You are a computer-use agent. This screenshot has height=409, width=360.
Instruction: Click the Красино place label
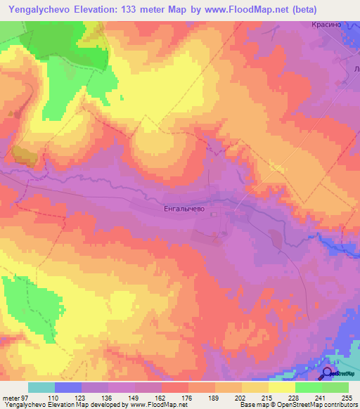coord(326,23)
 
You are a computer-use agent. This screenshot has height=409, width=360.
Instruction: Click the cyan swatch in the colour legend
coord(41,387)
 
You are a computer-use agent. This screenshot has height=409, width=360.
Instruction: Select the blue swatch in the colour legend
coord(68,387)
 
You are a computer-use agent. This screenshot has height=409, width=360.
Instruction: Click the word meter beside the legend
coord(10,398)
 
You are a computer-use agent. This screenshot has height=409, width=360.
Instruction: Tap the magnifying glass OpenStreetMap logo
coord(328,373)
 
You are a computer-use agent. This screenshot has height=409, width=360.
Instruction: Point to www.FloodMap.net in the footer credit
coord(158,405)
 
